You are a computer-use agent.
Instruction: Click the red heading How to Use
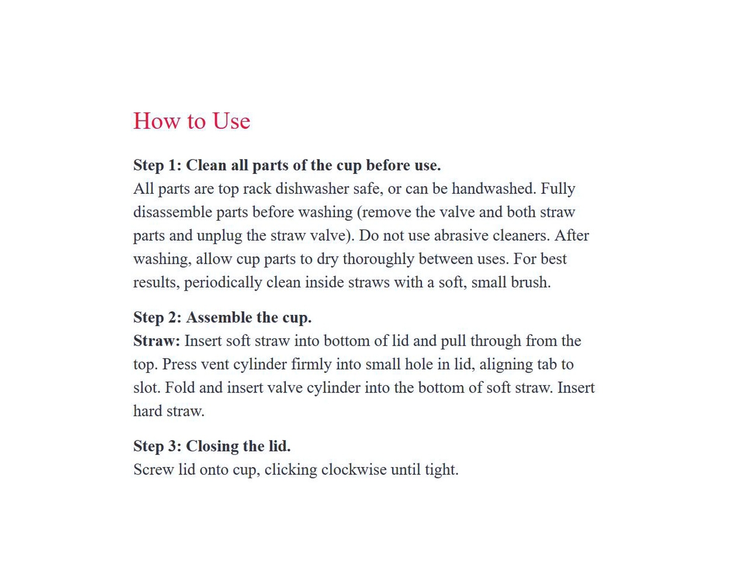pyautogui.click(x=191, y=121)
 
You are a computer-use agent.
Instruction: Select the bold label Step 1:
pyautogui.click(x=157, y=165)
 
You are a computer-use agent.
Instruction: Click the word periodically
pyautogui.click(x=223, y=282)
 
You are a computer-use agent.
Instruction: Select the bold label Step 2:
pyautogui.click(x=157, y=318)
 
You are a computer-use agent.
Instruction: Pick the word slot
pyautogui.click(x=146, y=388)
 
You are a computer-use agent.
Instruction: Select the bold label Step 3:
pyautogui.click(x=157, y=446)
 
